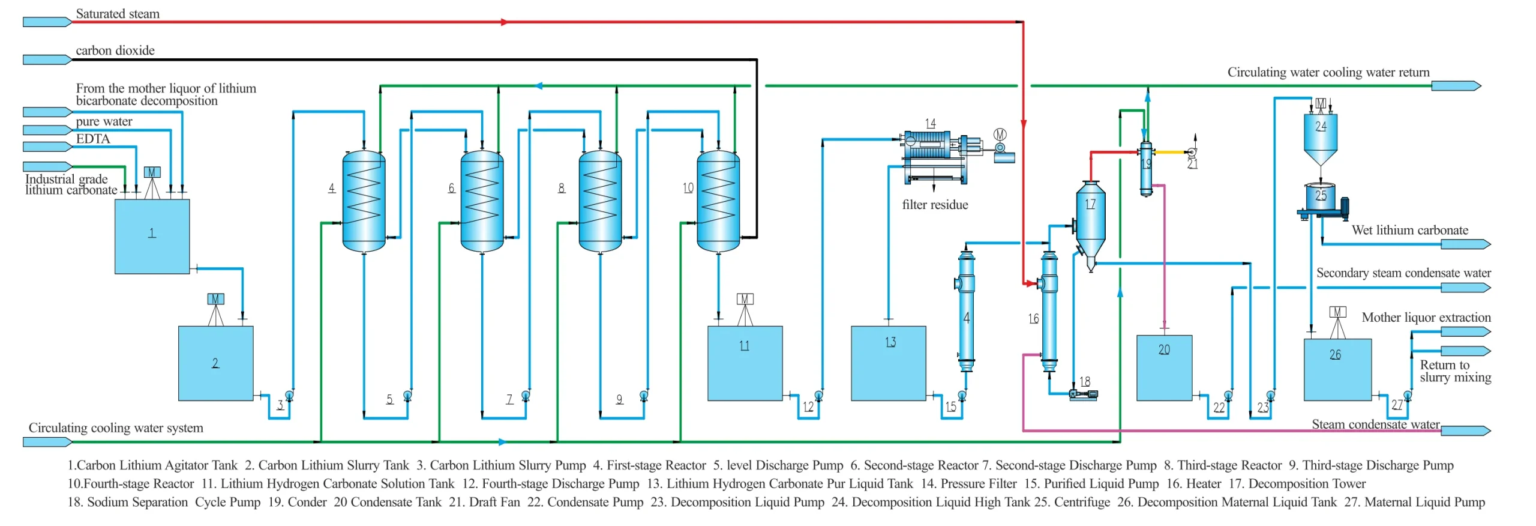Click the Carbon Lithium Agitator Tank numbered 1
pos(152,236)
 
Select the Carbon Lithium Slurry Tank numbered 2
pos(215,363)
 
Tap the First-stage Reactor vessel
pos(364,201)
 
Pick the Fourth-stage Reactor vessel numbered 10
pos(718,201)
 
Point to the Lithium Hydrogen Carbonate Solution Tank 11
pos(745,363)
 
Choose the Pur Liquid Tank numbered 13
pos(888,363)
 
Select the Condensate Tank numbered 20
pos(1164,367)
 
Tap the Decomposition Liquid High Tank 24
pos(1320,138)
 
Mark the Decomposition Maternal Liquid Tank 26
pos(1337,369)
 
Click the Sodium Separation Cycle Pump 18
pos(1083,394)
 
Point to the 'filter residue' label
pos(935,205)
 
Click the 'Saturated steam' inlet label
pos(118,14)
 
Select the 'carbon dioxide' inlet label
pos(115,50)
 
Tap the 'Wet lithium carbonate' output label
pos(1409,230)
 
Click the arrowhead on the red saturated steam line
pos(504,22)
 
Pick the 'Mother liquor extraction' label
pos(1426,317)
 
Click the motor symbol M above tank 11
pos(745,298)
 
